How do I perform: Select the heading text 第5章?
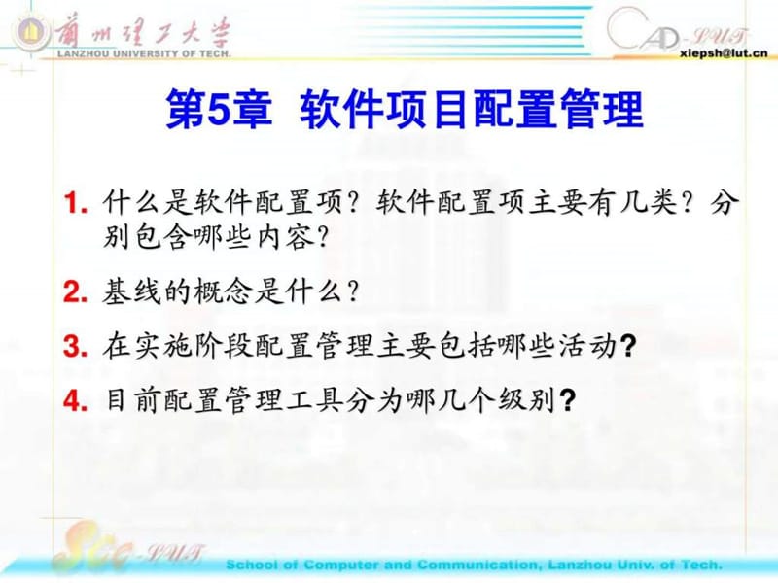[x=210, y=110]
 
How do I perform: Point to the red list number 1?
[x=71, y=205]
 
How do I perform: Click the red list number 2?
[x=71, y=291]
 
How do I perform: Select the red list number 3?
[x=71, y=346]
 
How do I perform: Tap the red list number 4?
[x=71, y=400]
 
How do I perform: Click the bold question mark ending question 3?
[x=627, y=347]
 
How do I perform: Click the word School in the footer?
[x=255, y=565]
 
